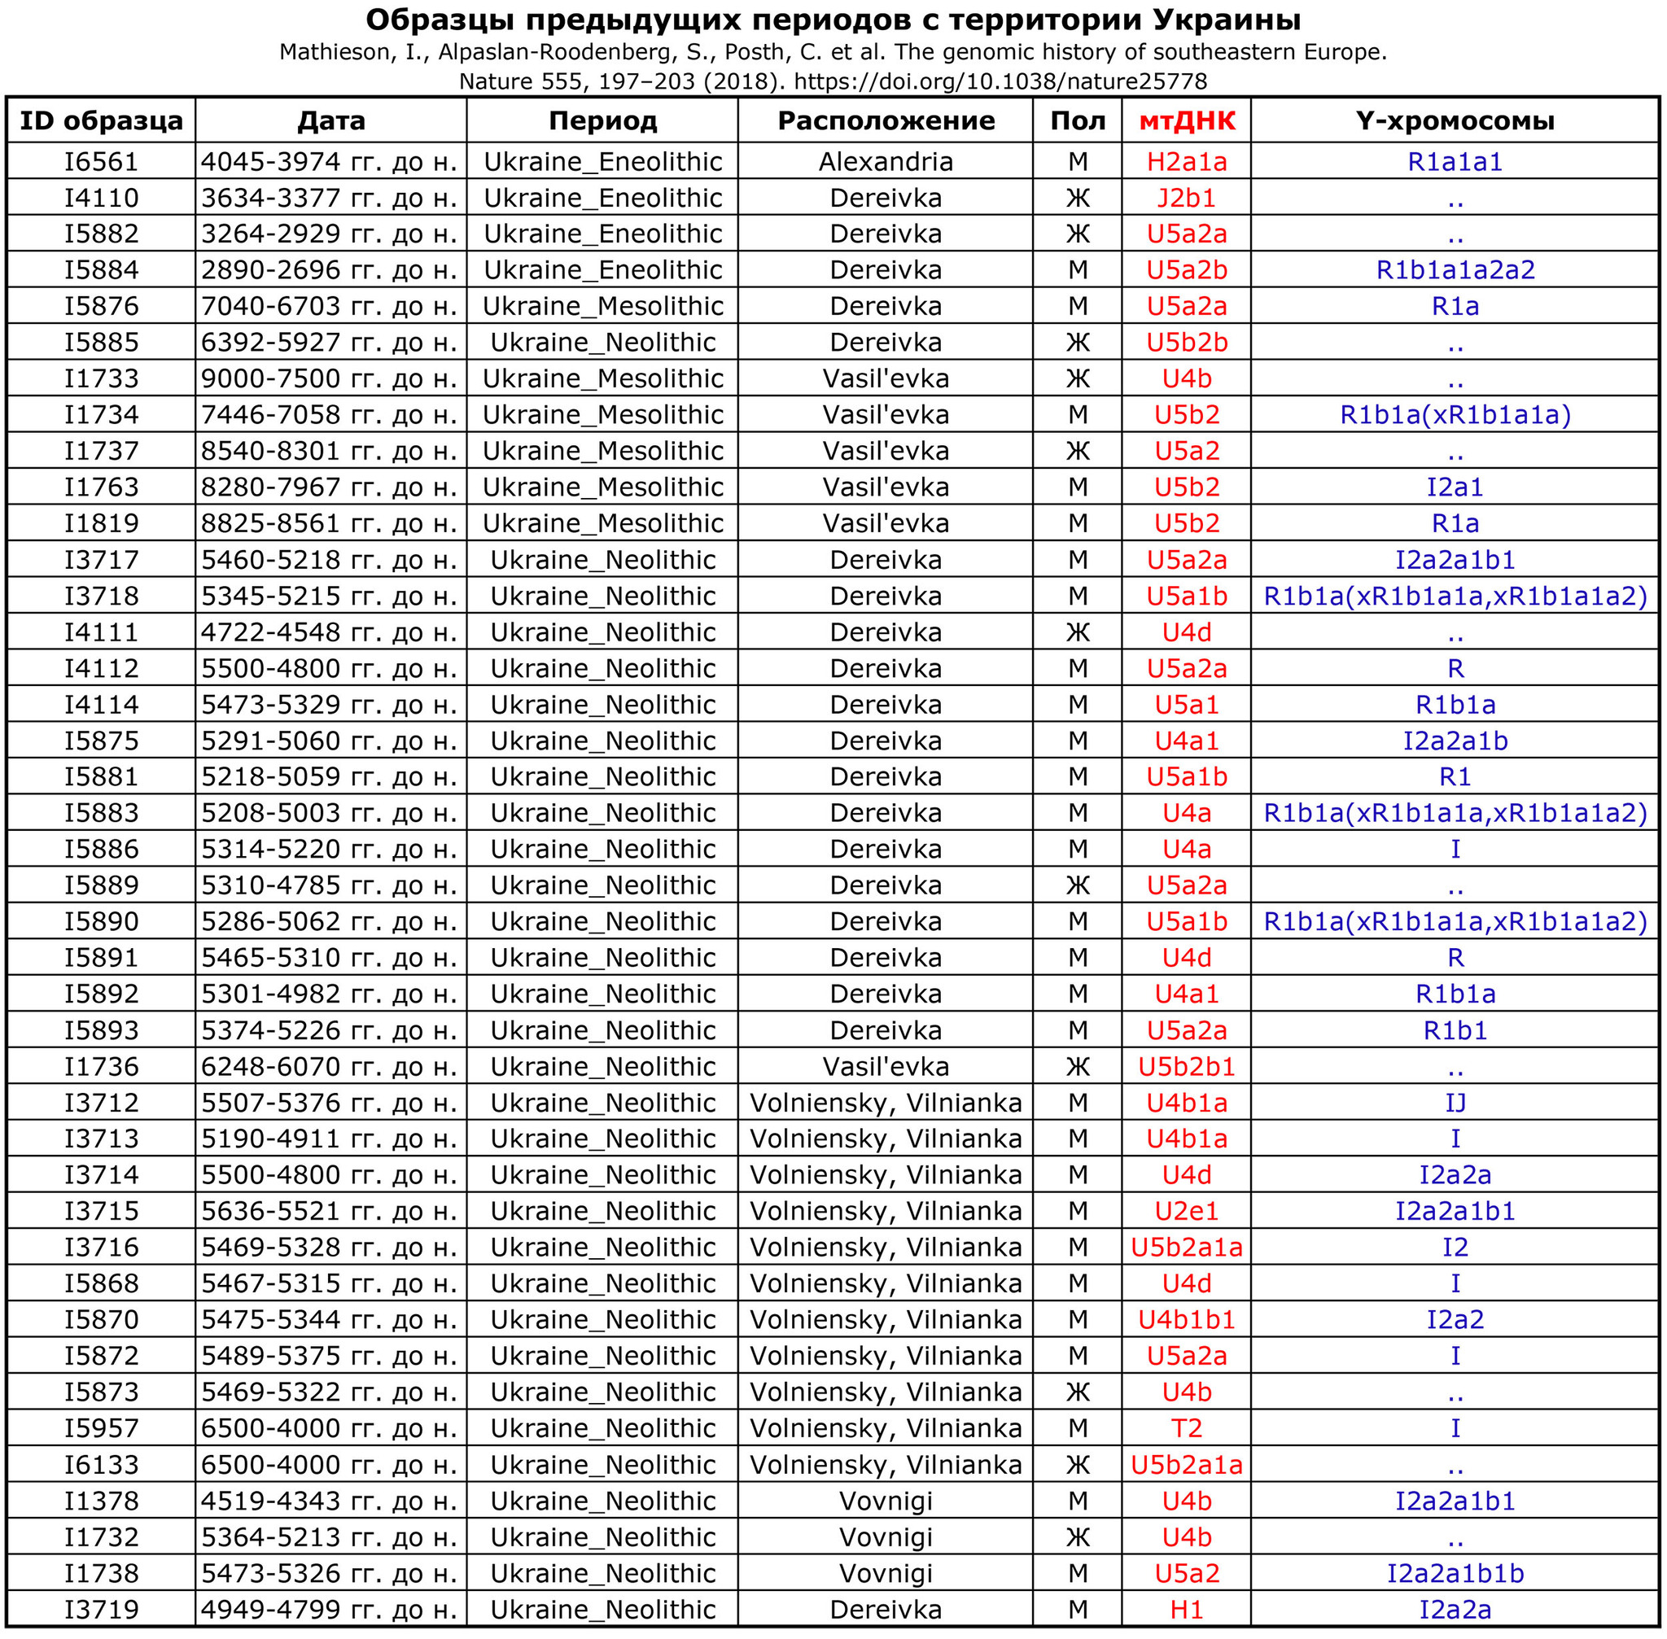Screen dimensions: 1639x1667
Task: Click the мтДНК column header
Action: point(1187,120)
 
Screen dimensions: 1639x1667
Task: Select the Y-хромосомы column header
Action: point(1455,120)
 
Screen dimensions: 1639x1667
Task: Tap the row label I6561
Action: point(102,162)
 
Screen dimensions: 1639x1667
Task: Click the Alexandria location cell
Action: point(886,162)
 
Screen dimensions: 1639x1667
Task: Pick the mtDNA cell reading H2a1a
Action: point(1187,162)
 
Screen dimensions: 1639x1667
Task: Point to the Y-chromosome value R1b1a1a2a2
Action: point(1455,270)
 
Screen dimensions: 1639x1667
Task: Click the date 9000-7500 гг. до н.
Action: point(329,378)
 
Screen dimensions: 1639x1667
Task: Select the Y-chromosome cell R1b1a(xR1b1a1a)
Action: point(1455,415)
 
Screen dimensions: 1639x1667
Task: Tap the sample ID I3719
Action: point(102,1609)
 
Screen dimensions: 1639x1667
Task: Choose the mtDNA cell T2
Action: point(1187,1428)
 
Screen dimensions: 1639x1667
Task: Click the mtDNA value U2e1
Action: point(1187,1211)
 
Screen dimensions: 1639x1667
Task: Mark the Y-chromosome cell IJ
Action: point(1455,1103)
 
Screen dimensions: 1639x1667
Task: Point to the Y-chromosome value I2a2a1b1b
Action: point(1455,1573)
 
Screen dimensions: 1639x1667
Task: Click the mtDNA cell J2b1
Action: point(1187,198)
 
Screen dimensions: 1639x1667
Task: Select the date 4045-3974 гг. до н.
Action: point(329,162)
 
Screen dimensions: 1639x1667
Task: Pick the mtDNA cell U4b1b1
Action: point(1187,1320)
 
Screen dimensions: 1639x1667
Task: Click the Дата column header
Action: point(330,120)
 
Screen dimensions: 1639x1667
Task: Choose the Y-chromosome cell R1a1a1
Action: point(1455,162)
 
